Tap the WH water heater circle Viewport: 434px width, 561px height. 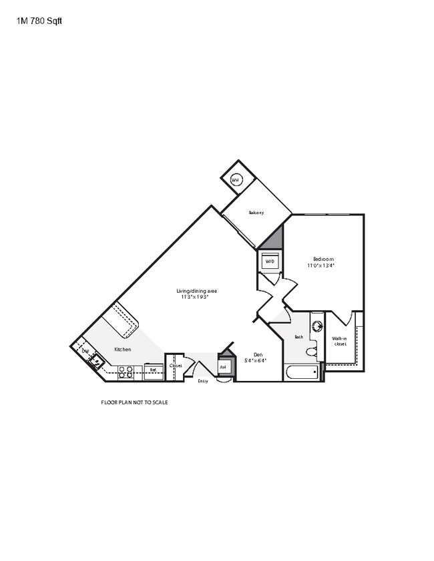point(235,179)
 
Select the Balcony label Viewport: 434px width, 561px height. point(256,213)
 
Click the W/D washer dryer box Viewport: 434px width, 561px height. point(270,261)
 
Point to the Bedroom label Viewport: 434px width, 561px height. point(323,259)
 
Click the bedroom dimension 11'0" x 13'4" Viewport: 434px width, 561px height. point(320,265)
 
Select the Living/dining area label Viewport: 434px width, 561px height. point(196,291)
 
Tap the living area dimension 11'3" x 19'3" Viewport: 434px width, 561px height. point(194,298)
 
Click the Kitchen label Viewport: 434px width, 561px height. point(122,350)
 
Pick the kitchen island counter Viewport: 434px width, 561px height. point(124,320)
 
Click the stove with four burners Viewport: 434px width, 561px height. point(126,372)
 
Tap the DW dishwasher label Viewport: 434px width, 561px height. point(85,350)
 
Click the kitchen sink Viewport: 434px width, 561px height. point(96,362)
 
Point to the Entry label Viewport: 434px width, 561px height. point(203,381)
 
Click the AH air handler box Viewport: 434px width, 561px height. point(223,368)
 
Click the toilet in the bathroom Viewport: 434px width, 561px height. point(311,351)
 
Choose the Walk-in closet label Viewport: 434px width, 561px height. point(340,341)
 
